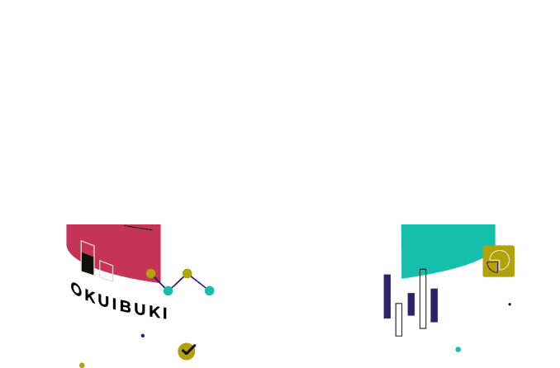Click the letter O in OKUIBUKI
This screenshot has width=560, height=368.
tap(77, 290)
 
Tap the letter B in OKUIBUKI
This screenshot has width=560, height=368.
tap(126, 305)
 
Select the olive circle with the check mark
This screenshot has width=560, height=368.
tap(187, 351)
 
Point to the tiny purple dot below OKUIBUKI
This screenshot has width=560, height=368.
tap(143, 336)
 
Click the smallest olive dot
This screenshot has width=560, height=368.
tap(82, 366)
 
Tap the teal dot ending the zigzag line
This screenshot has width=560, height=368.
tap(209, 291)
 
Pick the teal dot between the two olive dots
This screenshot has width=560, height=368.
tap(168, 291)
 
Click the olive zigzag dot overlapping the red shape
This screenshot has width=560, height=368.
tap(150, 274)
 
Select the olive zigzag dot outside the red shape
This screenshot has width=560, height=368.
tap(187, 274)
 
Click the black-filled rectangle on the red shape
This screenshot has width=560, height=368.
tap(88, 264)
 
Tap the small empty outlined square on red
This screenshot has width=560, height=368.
tap(107, 271)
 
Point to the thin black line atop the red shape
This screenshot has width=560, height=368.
tap(138, 228)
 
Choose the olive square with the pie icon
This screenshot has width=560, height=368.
tap(499, 262)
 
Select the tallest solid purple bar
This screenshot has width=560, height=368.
tap(387, 296)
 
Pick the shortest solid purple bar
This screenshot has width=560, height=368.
tap(411, 304)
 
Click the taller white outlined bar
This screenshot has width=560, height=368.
tap(423, 299)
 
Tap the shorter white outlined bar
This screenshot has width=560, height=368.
tap(399, 320)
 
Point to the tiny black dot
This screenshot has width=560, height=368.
tap(510, 304)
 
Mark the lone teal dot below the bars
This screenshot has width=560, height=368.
tap(458, 350)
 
